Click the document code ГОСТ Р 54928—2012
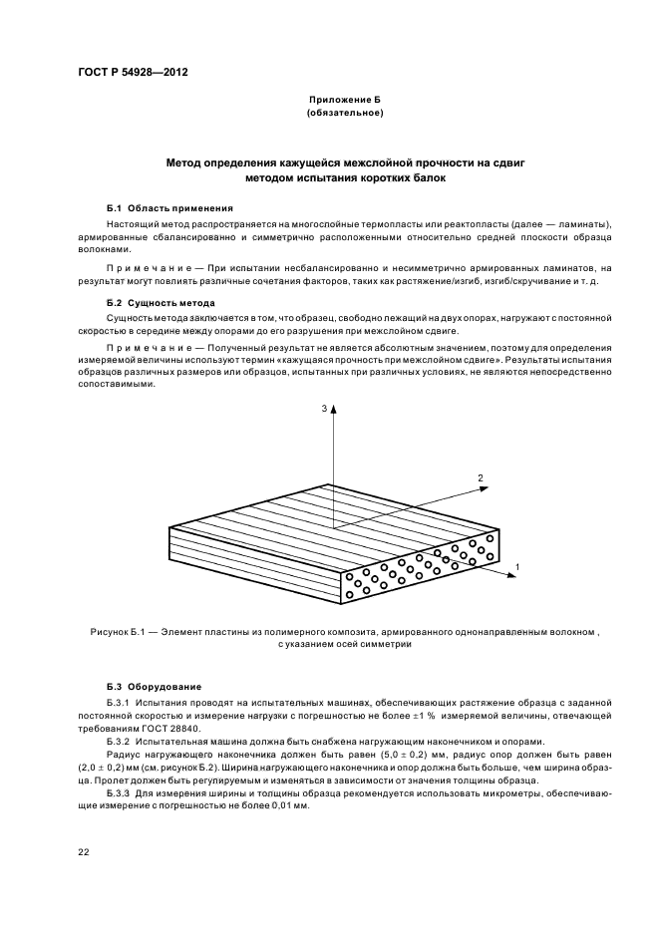[x=133, y=73]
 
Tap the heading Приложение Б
[x=345, y=102]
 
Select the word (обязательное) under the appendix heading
[x=345, y=114]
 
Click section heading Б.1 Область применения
[x=169, y=208]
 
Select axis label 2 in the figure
[x=481, y=478]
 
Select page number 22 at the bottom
[x=82, y=851]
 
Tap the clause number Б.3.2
[x=120, y=742]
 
